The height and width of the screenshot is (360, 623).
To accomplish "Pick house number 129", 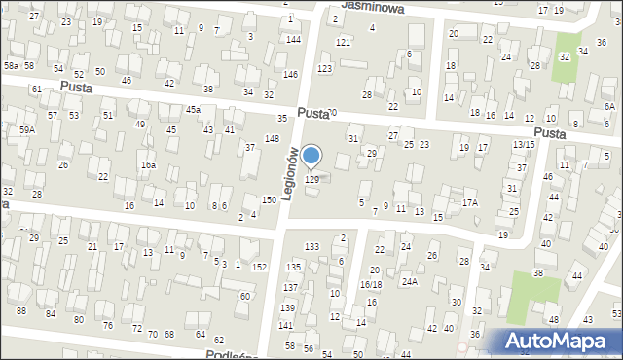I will (x=312, y=179).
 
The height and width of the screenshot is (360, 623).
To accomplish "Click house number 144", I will (x=293, y=39).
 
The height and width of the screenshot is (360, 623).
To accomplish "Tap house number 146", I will (x=290, y=75).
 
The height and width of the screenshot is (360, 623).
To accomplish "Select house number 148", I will (x=272, y=139).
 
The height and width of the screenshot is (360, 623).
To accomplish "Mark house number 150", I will (x=269, y=199).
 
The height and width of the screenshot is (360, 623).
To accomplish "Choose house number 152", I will (x=260, y=267).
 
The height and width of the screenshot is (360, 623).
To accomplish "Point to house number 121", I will (x=343, y=43).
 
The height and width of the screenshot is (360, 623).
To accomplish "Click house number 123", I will (x=324, y=68).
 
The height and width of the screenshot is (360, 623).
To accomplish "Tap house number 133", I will (x=311, y=247).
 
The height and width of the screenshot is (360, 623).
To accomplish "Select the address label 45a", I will (x=193, y=109).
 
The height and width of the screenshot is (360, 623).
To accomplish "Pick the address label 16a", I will (x=148, y=166).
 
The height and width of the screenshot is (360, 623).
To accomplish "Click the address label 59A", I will (x=26, y=129).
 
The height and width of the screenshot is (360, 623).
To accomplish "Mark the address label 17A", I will (x=470, y=203).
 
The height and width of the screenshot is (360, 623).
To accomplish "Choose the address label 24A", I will (x=410, y=282).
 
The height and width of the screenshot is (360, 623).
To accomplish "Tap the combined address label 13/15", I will (x=524, y=145).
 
